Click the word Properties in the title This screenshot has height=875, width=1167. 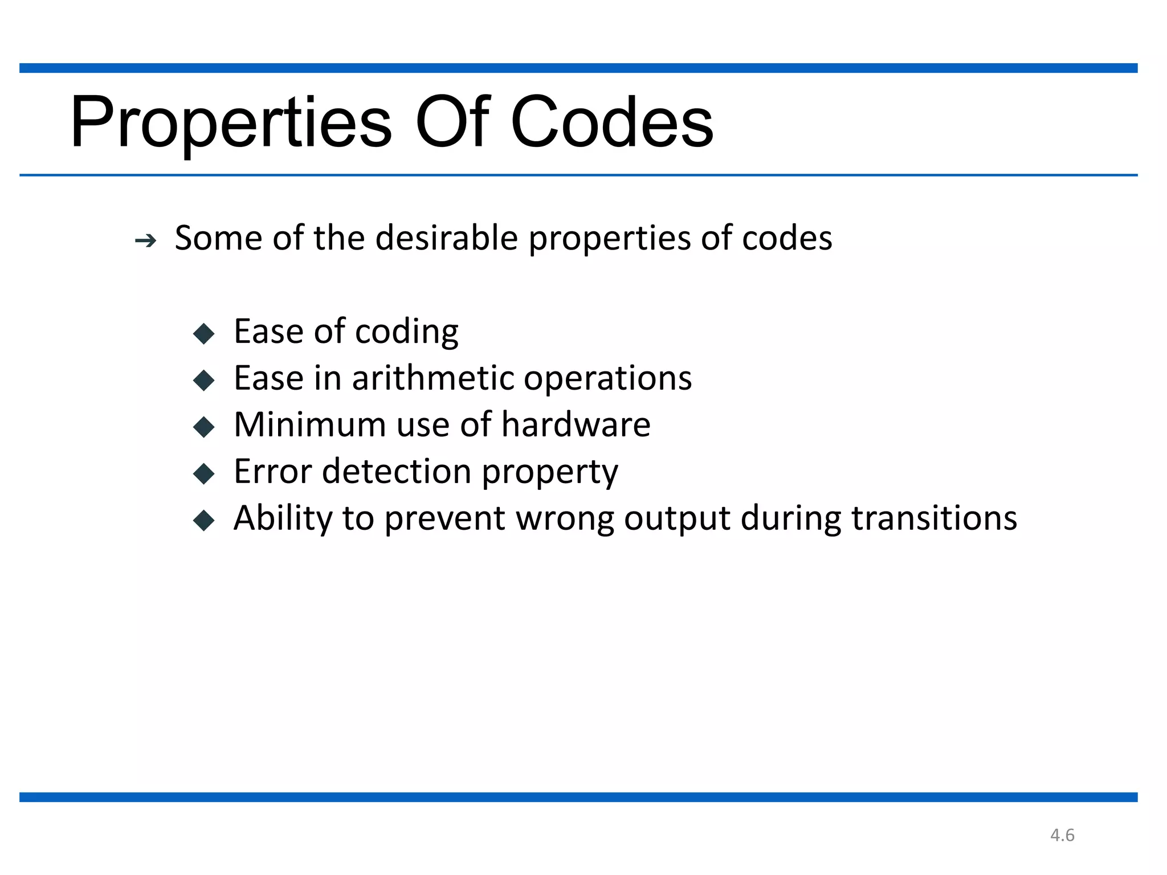(x=231, y=122)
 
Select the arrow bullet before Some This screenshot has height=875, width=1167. (x=146, y=242)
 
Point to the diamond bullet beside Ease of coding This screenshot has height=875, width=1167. (x=204, y=333)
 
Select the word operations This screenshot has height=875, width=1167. (x=607, y=379)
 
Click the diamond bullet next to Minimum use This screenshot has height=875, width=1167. (x=204, y=427)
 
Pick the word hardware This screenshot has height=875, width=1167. (x=576, y=425)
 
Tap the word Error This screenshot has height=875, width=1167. (x=273, y=472)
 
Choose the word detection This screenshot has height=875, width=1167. (x=397, y=472)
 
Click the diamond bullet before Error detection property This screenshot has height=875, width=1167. (x=204, y=473)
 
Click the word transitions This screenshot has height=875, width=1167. (x=934, y=518)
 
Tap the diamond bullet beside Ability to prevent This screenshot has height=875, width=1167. (x=204, y=520)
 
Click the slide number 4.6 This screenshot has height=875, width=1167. (x=1062, y=835)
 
